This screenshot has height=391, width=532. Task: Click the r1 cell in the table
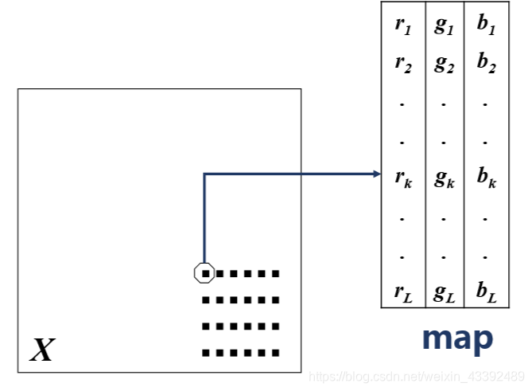[x=403, y=25]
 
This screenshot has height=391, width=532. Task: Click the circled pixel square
[x=205, y=273]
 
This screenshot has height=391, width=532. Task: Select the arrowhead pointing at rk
[x=378, y=174]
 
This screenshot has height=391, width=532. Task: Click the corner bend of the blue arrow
[x=205, y=174]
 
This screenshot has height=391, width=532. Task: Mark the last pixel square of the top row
[x=276, y=273]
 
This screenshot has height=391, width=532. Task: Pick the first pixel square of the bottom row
[x=207, y=352]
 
